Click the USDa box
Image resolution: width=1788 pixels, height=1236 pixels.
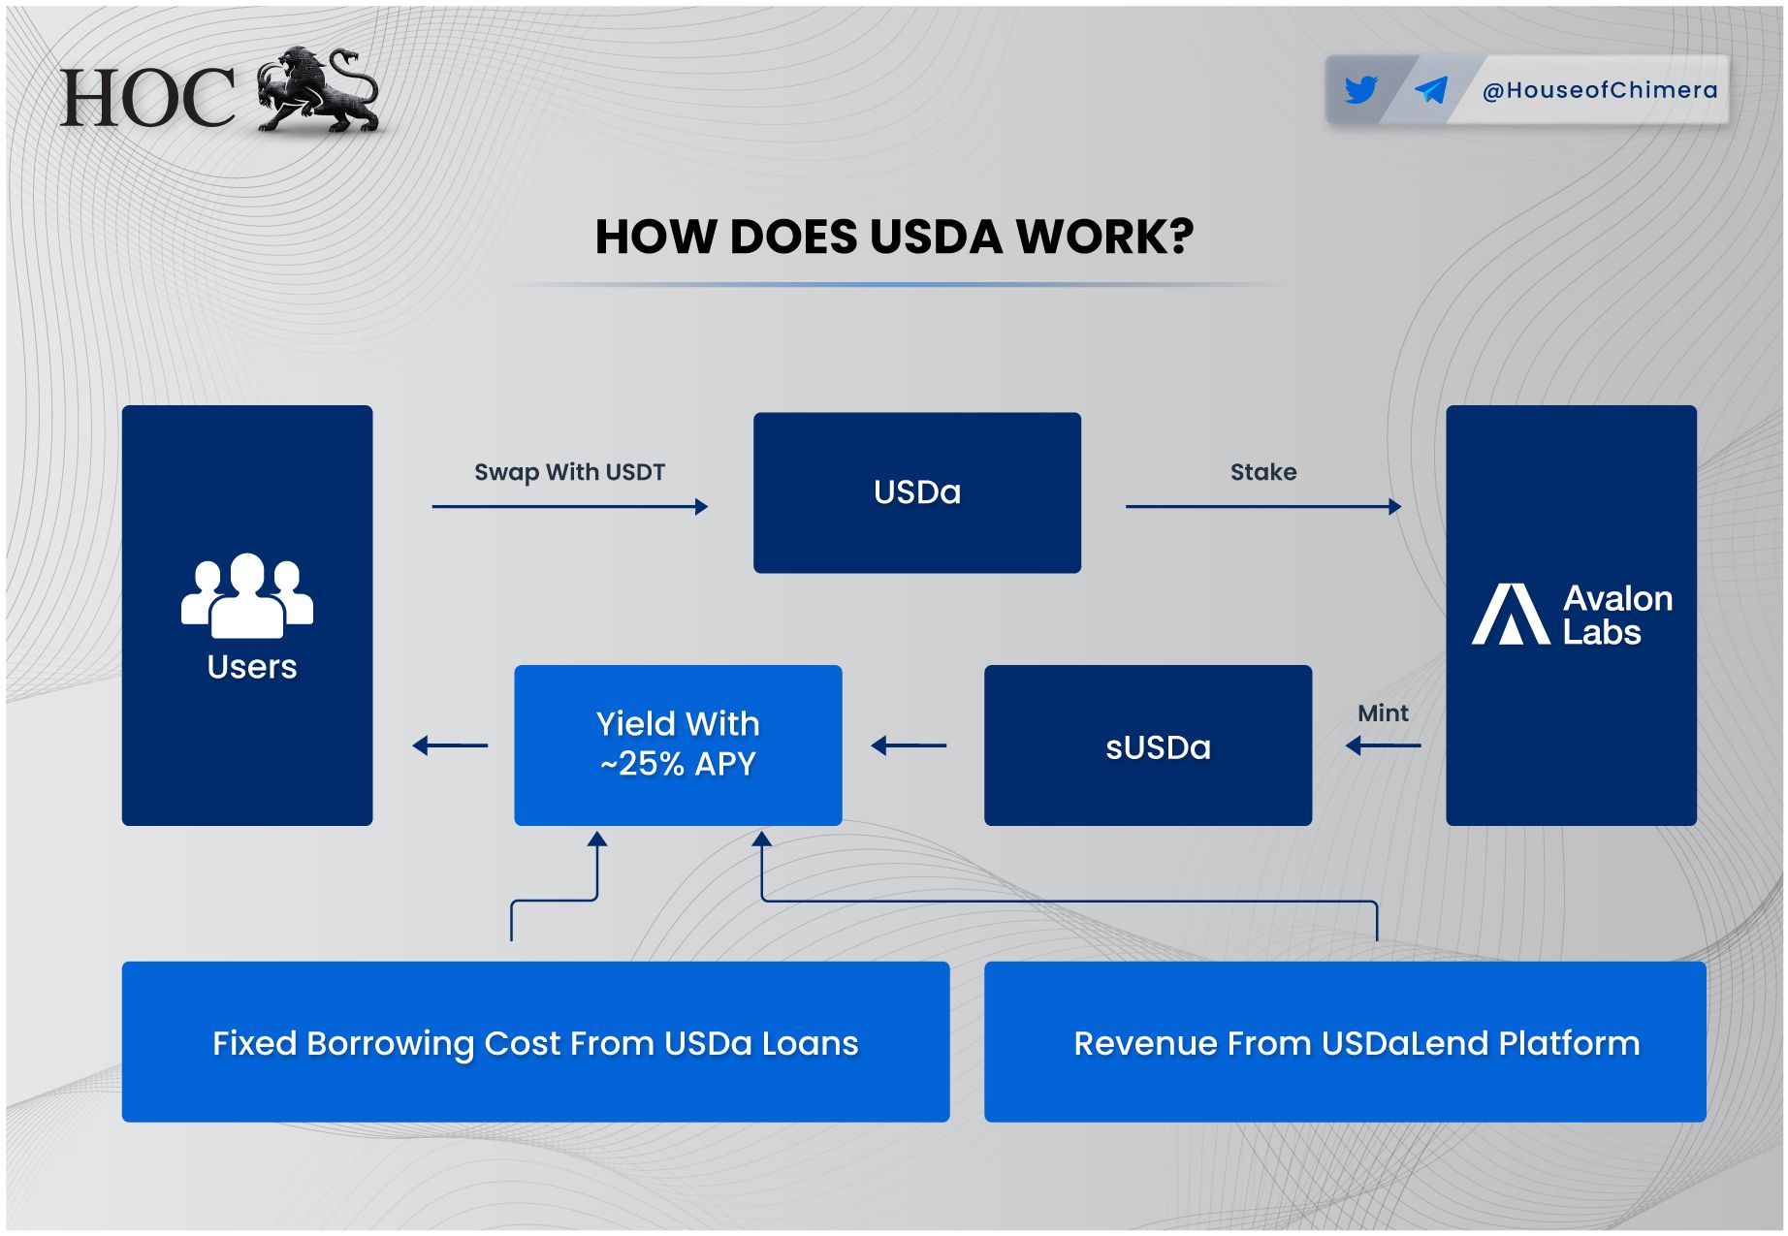(917, 492)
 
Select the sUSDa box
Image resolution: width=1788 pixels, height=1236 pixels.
(1148, 745)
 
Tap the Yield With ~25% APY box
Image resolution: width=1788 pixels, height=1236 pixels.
(678, 745)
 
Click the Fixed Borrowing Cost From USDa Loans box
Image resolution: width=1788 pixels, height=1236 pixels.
(535, 1042)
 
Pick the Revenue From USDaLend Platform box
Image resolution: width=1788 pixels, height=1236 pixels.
(1345, 1042)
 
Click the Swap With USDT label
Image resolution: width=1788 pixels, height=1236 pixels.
(569, 472)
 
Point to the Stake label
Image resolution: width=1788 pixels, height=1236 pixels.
(1263, 472)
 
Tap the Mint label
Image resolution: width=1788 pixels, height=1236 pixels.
(1383, 713)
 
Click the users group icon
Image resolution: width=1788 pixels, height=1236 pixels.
(247, 595)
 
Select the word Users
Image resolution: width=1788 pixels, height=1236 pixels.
(252, 667)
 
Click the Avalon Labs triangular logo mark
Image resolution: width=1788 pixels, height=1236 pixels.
(1511, 614)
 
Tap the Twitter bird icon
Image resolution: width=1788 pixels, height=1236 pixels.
(1360, 90)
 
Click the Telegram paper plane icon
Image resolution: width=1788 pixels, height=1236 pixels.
(1431, 90)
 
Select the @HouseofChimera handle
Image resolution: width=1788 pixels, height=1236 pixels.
(1600, 90)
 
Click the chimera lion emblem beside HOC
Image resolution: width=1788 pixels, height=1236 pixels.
(318, 89)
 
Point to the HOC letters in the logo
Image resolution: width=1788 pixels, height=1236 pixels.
(147, 98)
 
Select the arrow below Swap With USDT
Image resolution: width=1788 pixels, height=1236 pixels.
(570, 506)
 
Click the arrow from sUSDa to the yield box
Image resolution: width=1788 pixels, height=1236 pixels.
(909, 745)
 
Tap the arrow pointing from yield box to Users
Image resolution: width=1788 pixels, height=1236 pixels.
(450, 745)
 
